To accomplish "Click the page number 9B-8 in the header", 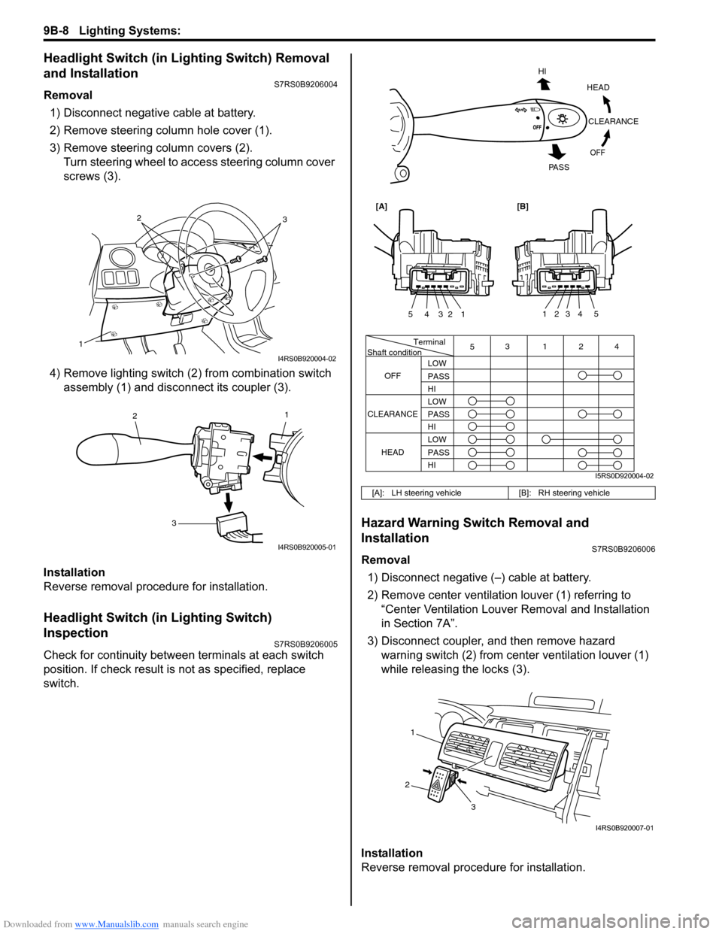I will (x=56, y=30).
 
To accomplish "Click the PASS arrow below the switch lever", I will (x=557, y=148).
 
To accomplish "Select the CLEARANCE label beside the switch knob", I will (x=613, y=121).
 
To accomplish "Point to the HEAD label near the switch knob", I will (x=598, y=87).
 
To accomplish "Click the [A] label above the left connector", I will (x=381, y=205).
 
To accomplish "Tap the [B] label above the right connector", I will (x=523, y=205).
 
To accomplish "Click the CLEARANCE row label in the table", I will (x=393, y=414).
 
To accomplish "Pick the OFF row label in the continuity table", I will (x=393, y=376).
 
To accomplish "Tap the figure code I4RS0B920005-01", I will (x=307, y=547).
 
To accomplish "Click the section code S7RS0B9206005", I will (x=305, y=644).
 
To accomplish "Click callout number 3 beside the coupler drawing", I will (x=173, y=523).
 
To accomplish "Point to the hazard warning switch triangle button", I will (x=435, y=787).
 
